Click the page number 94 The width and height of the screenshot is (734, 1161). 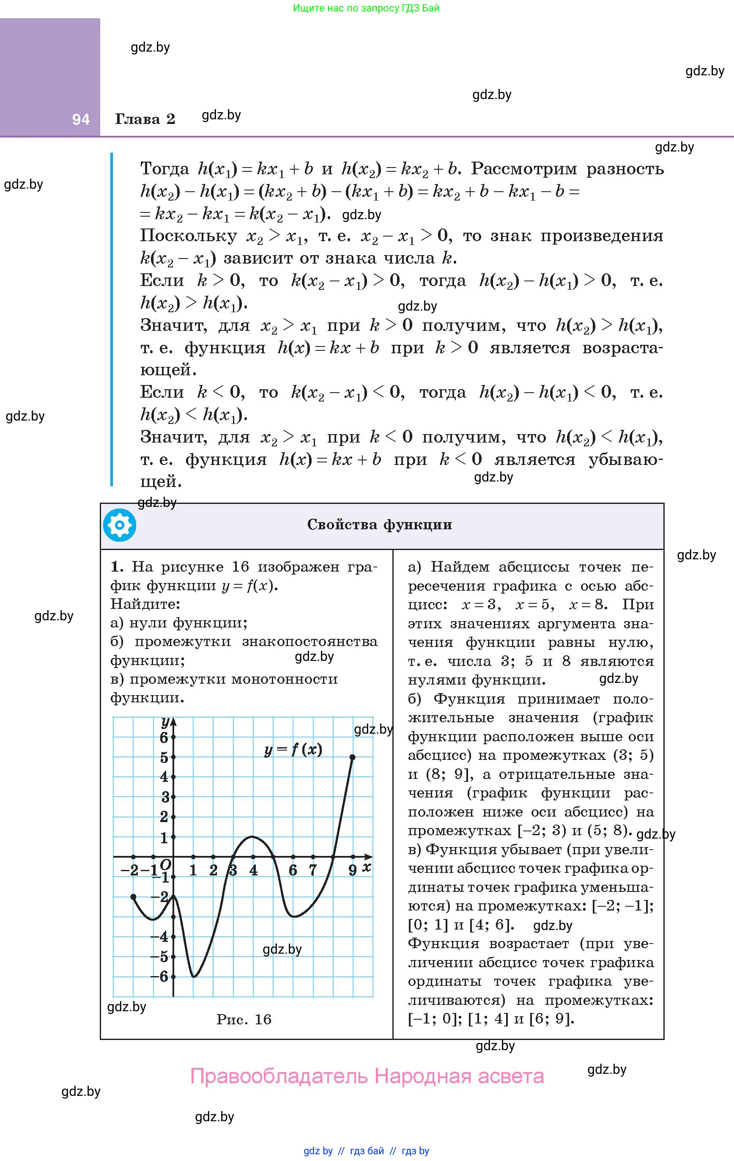[80, 119]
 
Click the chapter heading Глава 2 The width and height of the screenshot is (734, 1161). [145, 119]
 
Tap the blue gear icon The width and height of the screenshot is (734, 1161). [120, 525]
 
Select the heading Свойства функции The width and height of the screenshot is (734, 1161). [380, 525]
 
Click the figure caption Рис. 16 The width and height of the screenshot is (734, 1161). [244, 1019]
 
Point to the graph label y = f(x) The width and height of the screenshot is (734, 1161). [293, 749]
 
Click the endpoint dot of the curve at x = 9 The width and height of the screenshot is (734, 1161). [353, 757]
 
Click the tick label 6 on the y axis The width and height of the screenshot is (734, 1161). [164, 737]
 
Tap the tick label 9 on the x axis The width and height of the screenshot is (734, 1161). [353, 870]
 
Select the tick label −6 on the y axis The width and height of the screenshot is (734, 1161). [159, 977]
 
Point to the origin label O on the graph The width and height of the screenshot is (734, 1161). [165, 864]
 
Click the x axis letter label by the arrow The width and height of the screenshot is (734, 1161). [367, 867]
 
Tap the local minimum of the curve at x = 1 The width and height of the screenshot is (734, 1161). [194, 977]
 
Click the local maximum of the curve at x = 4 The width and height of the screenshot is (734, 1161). [252, 836]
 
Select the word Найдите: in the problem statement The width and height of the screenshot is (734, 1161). [145, 604]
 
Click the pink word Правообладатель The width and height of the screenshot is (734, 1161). [279, 1076]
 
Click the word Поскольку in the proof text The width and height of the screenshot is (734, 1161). [189, 236]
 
